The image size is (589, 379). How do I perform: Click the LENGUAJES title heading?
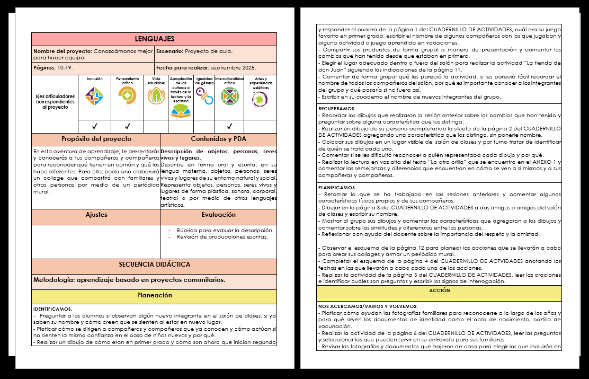click(x=154, y=39)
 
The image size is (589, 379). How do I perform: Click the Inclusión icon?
click(x=94, y=96)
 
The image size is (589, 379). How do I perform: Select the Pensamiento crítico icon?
click(x=127, y=95)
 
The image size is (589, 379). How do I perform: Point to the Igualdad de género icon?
click(x=204, y=96)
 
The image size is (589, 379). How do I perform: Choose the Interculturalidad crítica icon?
click(x=229, y=97)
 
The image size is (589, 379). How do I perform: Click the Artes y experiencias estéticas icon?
click(x=260, y=99)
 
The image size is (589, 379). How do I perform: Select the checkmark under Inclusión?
click(x=94, y=127)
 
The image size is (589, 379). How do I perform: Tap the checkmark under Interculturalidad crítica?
click(x=229, y=127)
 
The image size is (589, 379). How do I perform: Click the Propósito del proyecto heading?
click(x=96, y=139)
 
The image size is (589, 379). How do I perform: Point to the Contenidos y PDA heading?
click(x=218, y=139)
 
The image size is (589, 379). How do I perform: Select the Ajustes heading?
click(x=96, y=215)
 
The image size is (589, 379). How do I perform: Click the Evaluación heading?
click(x=218, y=215)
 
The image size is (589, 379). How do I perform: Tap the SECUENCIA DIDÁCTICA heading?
click(x=154, y=265)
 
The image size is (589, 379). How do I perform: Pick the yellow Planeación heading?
click(x=154, y=295)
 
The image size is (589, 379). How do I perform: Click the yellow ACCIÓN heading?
click(x=440, y=291)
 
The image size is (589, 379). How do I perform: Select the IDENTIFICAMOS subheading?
click(x=52, y=309)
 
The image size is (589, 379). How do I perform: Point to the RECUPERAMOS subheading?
click(x=337, y=109)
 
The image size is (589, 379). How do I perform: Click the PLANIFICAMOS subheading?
click(x=337, y=188)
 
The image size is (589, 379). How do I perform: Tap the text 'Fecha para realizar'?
click(x=182, y=68)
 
